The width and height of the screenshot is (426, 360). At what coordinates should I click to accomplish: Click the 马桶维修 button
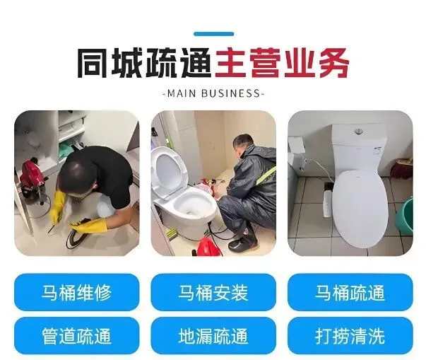(76, 292)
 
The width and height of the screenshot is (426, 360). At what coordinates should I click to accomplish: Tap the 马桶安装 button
(213, 292)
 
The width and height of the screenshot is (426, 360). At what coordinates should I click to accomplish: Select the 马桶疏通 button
(350, 292)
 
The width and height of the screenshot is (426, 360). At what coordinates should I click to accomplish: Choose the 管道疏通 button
(76, 335)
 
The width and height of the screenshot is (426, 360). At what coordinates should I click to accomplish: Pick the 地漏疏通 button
(213, 335)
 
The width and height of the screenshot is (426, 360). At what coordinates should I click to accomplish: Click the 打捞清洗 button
(350, 335)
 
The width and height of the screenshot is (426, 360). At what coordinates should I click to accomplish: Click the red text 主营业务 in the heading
(282, 63)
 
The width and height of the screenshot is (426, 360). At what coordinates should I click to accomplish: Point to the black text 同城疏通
(145, 63)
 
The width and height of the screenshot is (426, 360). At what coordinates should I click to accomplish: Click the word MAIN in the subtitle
(182, 93)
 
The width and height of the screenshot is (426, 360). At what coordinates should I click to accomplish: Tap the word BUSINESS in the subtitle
(231, 93)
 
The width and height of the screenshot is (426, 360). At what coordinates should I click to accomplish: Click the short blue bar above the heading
(213, 34)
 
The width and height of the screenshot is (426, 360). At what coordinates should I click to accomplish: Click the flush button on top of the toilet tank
(359, 132)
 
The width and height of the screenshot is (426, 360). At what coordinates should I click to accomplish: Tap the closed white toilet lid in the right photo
(360, 208)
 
